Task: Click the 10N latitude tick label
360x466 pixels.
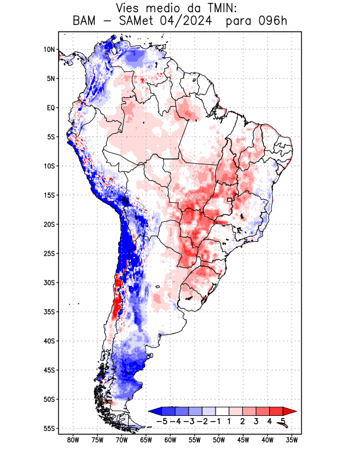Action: tap(48, 50)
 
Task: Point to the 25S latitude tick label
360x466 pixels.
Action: tap(48, 253)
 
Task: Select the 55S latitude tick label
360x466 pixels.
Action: tap(48, 428)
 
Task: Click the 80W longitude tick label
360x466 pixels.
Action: tap(73, 440)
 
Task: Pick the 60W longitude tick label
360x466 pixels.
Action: tap(170, 440)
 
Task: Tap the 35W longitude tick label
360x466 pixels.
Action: tap(292, 440)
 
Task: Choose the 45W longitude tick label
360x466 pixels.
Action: tap(243, 440)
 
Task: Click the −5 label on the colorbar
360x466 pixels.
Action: tap(161, 421)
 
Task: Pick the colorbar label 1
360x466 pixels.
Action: tap(230, 421)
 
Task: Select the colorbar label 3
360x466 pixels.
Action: tap(256, 421)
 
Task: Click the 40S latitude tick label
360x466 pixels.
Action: tap(48, 341)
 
